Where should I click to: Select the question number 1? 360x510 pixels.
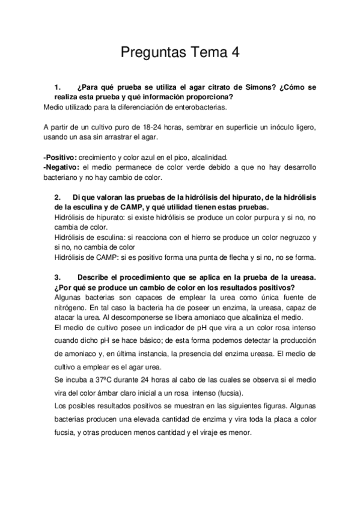click(58, 87)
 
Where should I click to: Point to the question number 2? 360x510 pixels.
click(58, 198)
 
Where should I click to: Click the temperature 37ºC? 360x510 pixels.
click(93, 381)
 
